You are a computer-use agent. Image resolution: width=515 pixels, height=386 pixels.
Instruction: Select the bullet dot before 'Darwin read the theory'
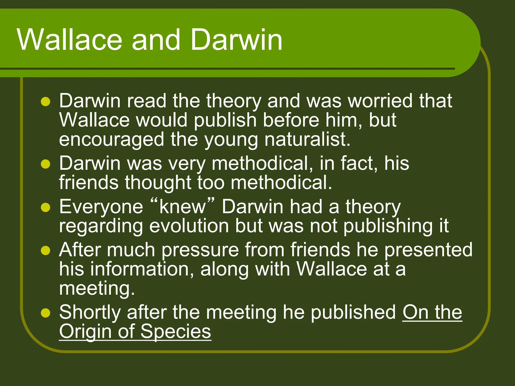pyautogui.click(x=46, y=102)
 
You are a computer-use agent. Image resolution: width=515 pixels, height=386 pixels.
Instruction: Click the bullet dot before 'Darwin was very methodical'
pyautogui.click(x=46, y=164)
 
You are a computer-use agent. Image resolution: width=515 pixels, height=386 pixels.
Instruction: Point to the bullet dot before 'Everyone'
pyautogui.click(x=46, y=208)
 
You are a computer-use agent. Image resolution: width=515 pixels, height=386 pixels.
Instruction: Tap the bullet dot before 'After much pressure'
pyautogui.click(x=46, y=251)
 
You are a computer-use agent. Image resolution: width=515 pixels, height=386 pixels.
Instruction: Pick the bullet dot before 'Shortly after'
pyautogui.click(x=46, y=313)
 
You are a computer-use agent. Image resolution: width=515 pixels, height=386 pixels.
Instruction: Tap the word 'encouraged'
pyautogui.click(x=111, y=140)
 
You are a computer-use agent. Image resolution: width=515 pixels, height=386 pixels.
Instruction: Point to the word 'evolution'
pyautogui.click(x=189, y=226)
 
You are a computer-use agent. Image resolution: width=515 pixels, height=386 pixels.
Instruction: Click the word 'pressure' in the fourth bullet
pyautogui.click(x=200, y=250)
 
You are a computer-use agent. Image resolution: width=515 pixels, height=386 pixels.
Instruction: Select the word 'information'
pyautogui.click(x=142, y=269)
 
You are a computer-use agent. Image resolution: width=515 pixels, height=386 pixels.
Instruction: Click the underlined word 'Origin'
pyautogui.click(x=85, y=332)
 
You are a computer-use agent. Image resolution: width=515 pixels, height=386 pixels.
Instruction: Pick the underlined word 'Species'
pyautogui.click(x=176, y=332)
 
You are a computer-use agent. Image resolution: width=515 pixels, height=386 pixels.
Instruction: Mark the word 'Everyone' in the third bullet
pyautogui.click(x=101, y=207)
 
